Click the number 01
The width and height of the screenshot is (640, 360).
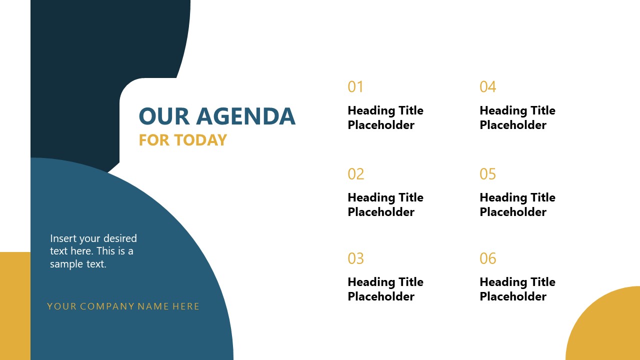(355, 87)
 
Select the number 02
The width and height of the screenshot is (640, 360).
(356, 174)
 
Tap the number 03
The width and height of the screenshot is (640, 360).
(356, 258)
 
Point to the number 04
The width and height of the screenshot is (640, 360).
(487, 87)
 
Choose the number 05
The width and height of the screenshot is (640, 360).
(487, 174)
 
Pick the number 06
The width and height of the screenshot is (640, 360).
(487, 258)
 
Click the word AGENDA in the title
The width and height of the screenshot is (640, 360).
(245, 116)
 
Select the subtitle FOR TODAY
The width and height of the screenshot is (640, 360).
(182, 140)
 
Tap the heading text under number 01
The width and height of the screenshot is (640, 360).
(385, 117)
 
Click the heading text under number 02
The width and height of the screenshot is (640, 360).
(385, 204)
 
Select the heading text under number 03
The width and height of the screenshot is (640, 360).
(385, 289)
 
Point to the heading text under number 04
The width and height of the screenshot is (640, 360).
(517, 117)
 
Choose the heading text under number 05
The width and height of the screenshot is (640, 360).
(517, 204)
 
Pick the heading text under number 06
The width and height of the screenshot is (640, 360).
(517, 289)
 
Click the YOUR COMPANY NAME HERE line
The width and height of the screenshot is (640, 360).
(123, 306)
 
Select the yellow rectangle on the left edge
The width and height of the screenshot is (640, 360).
(15, 305)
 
